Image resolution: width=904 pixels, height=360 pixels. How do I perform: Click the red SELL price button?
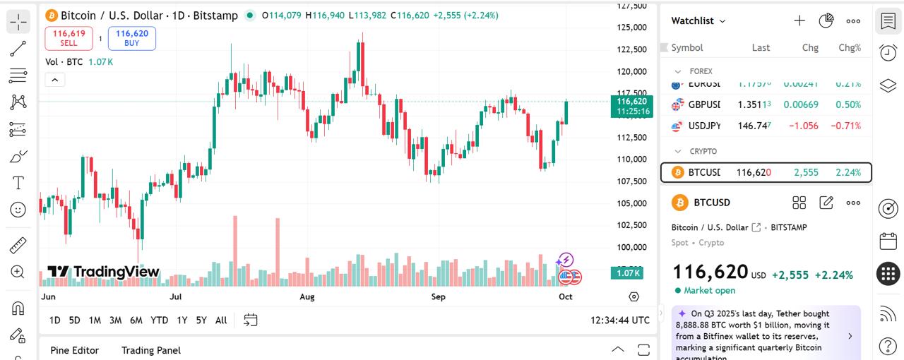[69, 38]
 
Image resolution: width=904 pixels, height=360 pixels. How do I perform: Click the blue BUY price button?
[132, 38]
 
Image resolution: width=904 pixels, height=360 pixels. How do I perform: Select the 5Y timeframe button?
[201, 320]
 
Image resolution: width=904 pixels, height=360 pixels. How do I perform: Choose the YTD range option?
[160, 320]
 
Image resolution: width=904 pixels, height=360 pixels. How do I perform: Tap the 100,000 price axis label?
[631, 247]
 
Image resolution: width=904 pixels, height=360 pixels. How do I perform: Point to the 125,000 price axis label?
[631, 28]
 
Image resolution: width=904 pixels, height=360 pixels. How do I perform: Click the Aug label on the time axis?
[307, 297]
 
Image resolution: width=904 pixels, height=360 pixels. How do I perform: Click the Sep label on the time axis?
[439, 297]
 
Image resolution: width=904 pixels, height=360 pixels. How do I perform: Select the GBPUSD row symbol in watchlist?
[704, 104]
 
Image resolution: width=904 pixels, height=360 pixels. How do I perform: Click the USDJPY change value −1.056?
[803, 126]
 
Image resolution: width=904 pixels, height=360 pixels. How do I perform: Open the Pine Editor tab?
[75, 350]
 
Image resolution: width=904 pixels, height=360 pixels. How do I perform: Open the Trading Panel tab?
[151, 350]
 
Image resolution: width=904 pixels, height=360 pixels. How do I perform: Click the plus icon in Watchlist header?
[799, 20]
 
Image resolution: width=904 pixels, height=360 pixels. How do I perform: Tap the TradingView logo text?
[104, 272]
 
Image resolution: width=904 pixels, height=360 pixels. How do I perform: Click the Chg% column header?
[849, 48]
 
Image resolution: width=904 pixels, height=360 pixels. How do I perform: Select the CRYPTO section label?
[703, 151]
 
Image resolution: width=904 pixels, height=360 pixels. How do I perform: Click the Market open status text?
[709, 290]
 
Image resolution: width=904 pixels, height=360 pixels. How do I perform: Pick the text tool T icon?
[18, 183]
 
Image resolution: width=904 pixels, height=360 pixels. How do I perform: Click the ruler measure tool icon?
[18, 246]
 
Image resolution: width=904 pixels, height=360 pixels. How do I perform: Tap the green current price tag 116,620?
[632, 106]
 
